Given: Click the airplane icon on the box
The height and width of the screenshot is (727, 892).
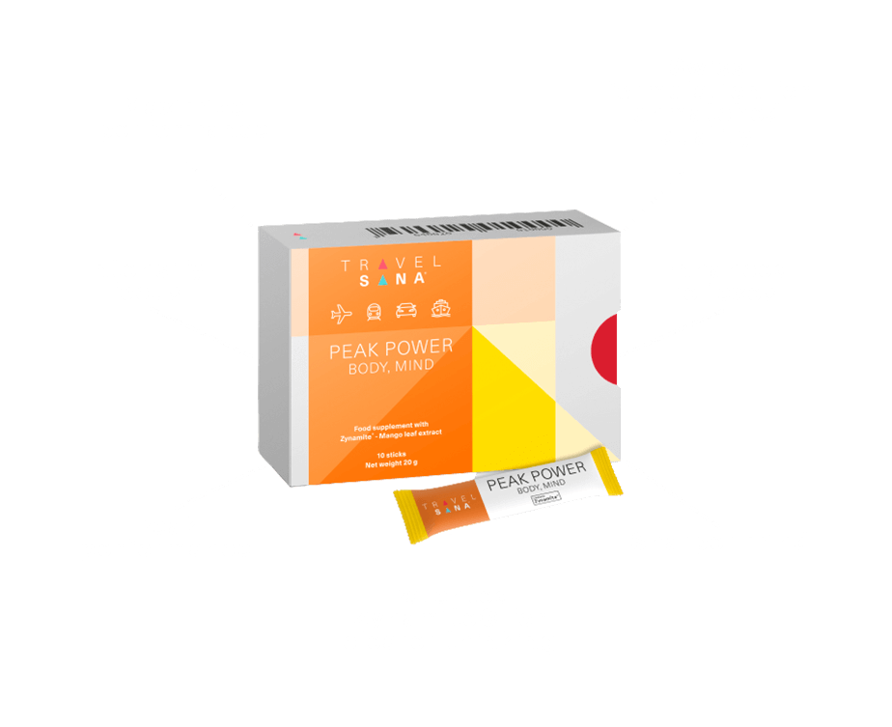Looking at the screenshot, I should [x=341, y=312].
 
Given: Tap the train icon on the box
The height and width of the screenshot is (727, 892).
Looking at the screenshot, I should [x=373, y=311].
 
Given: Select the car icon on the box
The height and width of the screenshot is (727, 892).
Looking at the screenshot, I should [x=405, y=311].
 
